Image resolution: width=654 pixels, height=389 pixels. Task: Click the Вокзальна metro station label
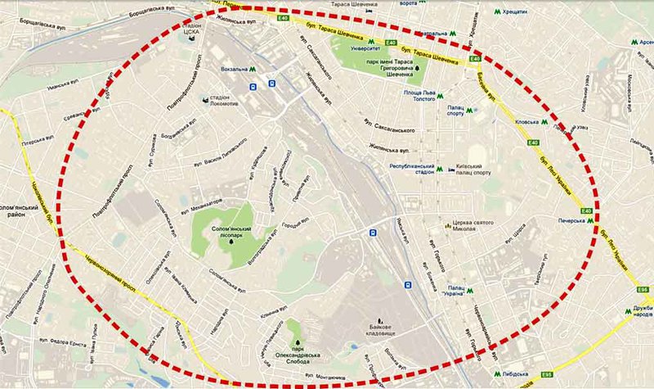[x=231, y=70]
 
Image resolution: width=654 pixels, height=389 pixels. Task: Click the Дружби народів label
[x=640, y=312]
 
